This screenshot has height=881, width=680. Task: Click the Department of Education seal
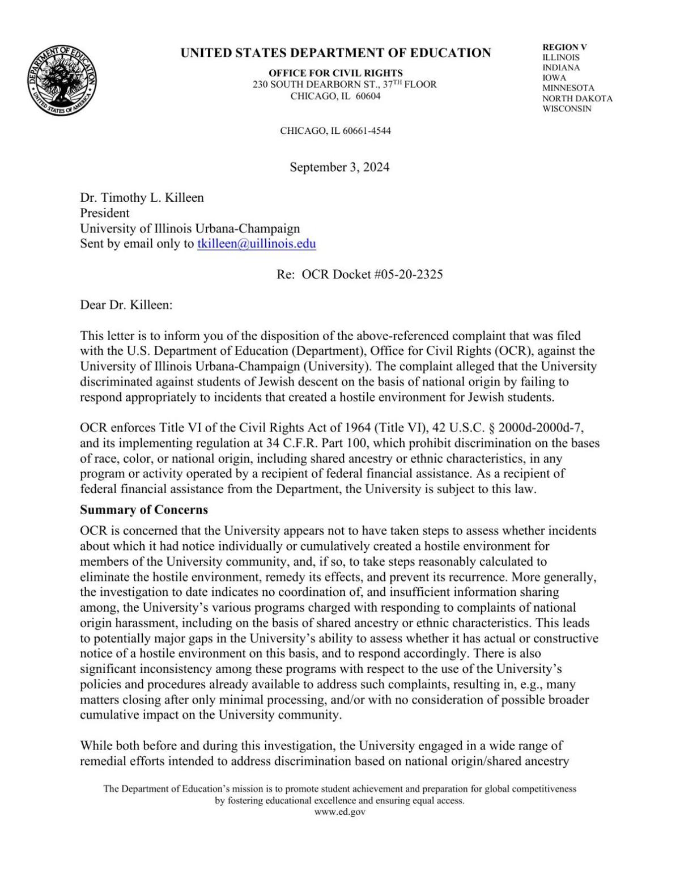point(61,80)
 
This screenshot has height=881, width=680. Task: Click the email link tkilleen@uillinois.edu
point(256,244)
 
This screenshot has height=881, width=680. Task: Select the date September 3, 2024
point(339,167)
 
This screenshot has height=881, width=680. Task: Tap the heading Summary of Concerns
point(144,510)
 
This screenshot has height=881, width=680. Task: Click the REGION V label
point(564,48)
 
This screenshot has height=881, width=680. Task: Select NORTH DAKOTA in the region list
point(577,99)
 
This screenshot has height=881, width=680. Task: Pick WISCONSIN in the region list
point(567,109)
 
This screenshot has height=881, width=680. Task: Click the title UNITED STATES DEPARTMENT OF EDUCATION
point(335,53)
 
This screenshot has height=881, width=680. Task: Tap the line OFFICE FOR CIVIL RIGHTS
point(335,73)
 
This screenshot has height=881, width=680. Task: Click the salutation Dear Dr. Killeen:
point(126,305)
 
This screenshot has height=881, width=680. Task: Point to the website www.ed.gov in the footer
point(339,812)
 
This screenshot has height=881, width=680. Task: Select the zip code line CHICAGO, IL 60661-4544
point(335,131)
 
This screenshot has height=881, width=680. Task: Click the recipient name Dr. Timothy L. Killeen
point(142,198)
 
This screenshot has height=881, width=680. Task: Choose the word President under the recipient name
point(104,213)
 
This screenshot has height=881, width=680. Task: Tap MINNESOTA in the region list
point(568,88)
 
